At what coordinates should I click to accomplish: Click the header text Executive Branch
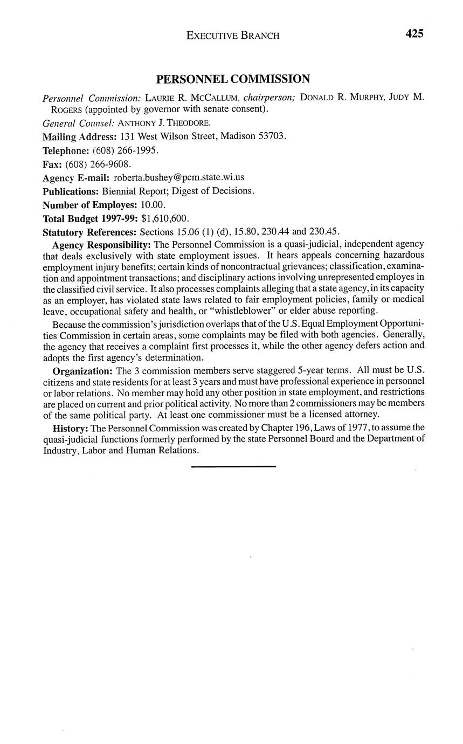[233, 36]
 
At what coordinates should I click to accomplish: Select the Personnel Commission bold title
[233, 79]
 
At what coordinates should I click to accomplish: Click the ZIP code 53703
[272, 136]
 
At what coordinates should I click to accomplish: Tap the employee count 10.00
[153, 205]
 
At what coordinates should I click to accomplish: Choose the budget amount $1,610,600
[164, 218]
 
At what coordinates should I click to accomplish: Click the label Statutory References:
[89, 232]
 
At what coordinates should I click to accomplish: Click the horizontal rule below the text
[233, 466]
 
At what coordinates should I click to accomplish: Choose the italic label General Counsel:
[79, 123]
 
